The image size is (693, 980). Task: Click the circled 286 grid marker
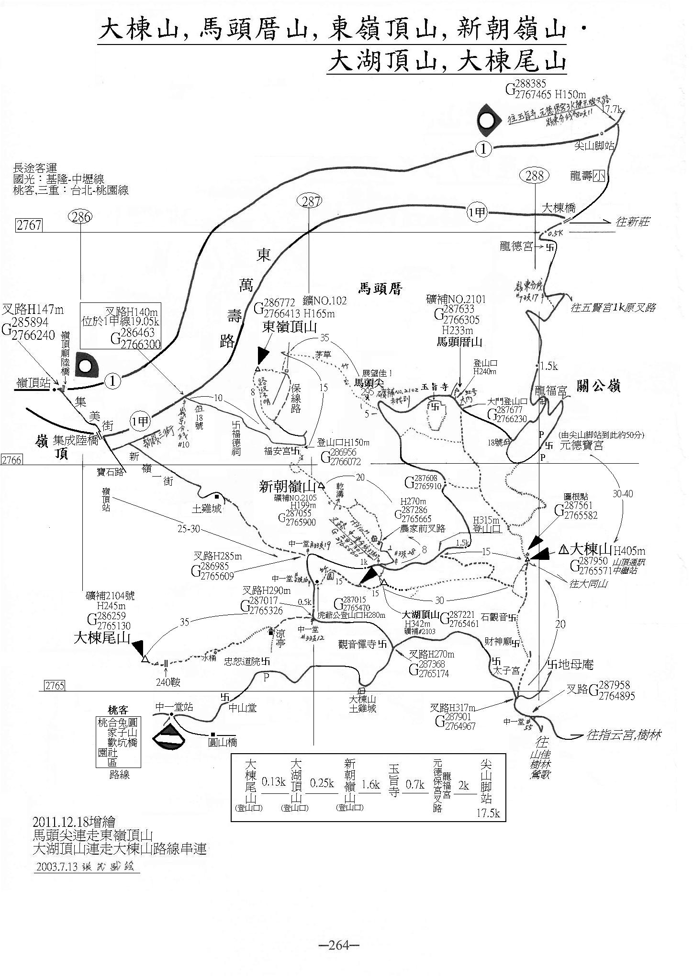coord(80,217)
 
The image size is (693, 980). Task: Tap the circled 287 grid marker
coord(311,202)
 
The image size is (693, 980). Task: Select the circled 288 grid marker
coord(534,176)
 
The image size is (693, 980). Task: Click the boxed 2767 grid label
coord(29,225)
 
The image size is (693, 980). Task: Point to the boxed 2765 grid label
coord(54,685)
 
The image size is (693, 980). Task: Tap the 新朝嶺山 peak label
coord(287,487)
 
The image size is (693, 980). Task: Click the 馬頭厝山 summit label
coord(459,342)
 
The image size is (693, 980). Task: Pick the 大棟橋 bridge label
coord(559,209)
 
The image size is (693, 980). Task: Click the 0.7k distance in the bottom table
coord(415,785)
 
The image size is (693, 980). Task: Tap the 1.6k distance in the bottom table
coord(371,785)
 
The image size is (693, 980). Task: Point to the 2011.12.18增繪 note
coord(74,822)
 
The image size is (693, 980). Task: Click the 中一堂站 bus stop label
coord(174,706)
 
